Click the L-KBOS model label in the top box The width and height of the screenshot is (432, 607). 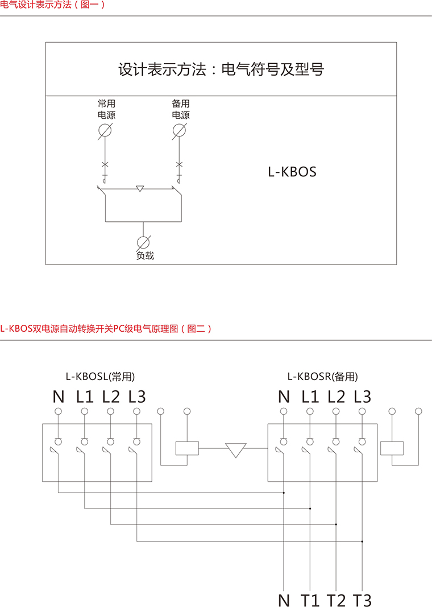point(292,171)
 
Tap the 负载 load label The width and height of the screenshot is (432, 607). point(145,256)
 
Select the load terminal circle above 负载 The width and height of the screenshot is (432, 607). point(143,241)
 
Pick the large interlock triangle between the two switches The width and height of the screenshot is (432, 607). point(235,450)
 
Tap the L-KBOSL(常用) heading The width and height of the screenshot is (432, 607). point(101,376)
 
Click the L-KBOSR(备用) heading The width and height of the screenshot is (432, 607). point(323,376)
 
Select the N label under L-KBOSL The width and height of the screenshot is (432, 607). point(59,397)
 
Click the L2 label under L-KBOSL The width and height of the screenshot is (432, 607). point(111,397)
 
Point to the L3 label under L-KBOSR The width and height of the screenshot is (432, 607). point(362,397)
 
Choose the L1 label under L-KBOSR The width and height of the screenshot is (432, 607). point(310,397)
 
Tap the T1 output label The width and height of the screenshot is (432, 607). point(310,600)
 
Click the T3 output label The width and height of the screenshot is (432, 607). point(362,600)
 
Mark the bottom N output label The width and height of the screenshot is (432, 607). point(284,600)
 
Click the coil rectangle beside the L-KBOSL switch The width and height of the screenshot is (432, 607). point(187,448)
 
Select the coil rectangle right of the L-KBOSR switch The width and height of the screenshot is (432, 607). point(392,448)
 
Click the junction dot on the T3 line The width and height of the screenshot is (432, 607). point(362,542)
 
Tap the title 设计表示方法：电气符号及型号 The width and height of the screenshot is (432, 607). point(221,70)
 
